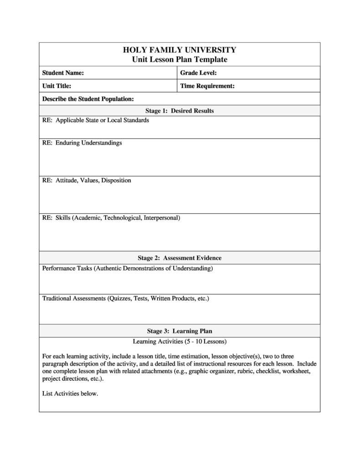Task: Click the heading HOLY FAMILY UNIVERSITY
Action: coord(180,50)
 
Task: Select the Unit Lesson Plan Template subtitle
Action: coord(180,60)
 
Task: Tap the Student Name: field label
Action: coord(63,73)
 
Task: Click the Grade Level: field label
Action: coord(198,73)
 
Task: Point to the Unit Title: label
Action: coord(57,86)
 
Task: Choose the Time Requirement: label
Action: coord(207,86)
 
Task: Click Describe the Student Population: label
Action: coord(88,98)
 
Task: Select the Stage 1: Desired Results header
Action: coord(180,111)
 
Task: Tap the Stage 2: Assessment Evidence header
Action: coord(180,258)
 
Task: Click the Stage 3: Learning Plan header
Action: coord(180,331)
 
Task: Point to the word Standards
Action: coord(135,120)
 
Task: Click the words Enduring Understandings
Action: coord(89,143)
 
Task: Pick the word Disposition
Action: coord(116,181)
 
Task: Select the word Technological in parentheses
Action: coord(122,218)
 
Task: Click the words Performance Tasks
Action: coord(67,269)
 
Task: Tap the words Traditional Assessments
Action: coord(73,299)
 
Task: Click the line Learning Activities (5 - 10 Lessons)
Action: coord(180,342)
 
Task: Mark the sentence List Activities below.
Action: coord(70,394)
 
